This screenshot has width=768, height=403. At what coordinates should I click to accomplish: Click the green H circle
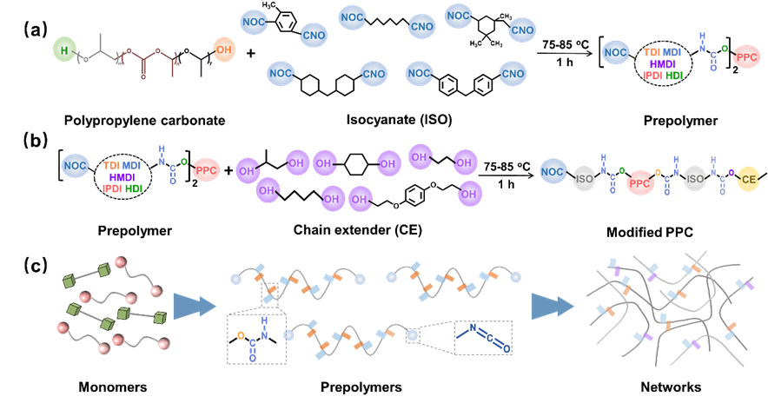pyautogui.click(x=63, y=51)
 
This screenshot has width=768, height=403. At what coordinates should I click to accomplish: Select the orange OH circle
pyautogui.click(x=224, y=50)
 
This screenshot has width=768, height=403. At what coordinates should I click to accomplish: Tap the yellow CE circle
pyautogui.click(x=748, y=180)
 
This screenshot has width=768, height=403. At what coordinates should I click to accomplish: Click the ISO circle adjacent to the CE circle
pyautogui.click(x=694, y=180)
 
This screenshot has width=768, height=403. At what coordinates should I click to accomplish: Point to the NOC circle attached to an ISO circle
pyautogui.click(x=553, y=171)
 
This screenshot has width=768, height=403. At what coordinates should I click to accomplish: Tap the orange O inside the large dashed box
pyautogui.click(x=241, y=334)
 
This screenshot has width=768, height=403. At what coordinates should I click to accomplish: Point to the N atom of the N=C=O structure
pyautogui.click(x=473, y=328)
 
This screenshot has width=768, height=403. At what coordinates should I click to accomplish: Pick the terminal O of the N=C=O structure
pyautogui.click(x=506, y=349)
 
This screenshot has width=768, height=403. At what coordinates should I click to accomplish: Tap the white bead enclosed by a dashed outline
pyautogui.click(x=414, y=335)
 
